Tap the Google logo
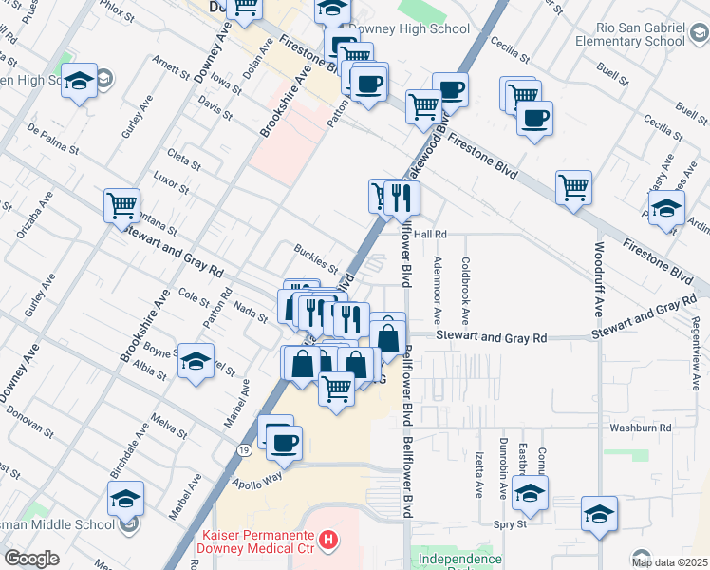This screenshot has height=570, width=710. pos(31,559)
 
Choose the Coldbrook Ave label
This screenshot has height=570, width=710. pos(466,290)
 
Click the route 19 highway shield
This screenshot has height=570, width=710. pos(245,448)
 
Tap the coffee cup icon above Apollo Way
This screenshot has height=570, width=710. pos(284,442)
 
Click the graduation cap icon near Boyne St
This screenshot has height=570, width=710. pos(196,361)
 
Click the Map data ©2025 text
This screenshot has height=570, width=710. pos(668,561)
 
